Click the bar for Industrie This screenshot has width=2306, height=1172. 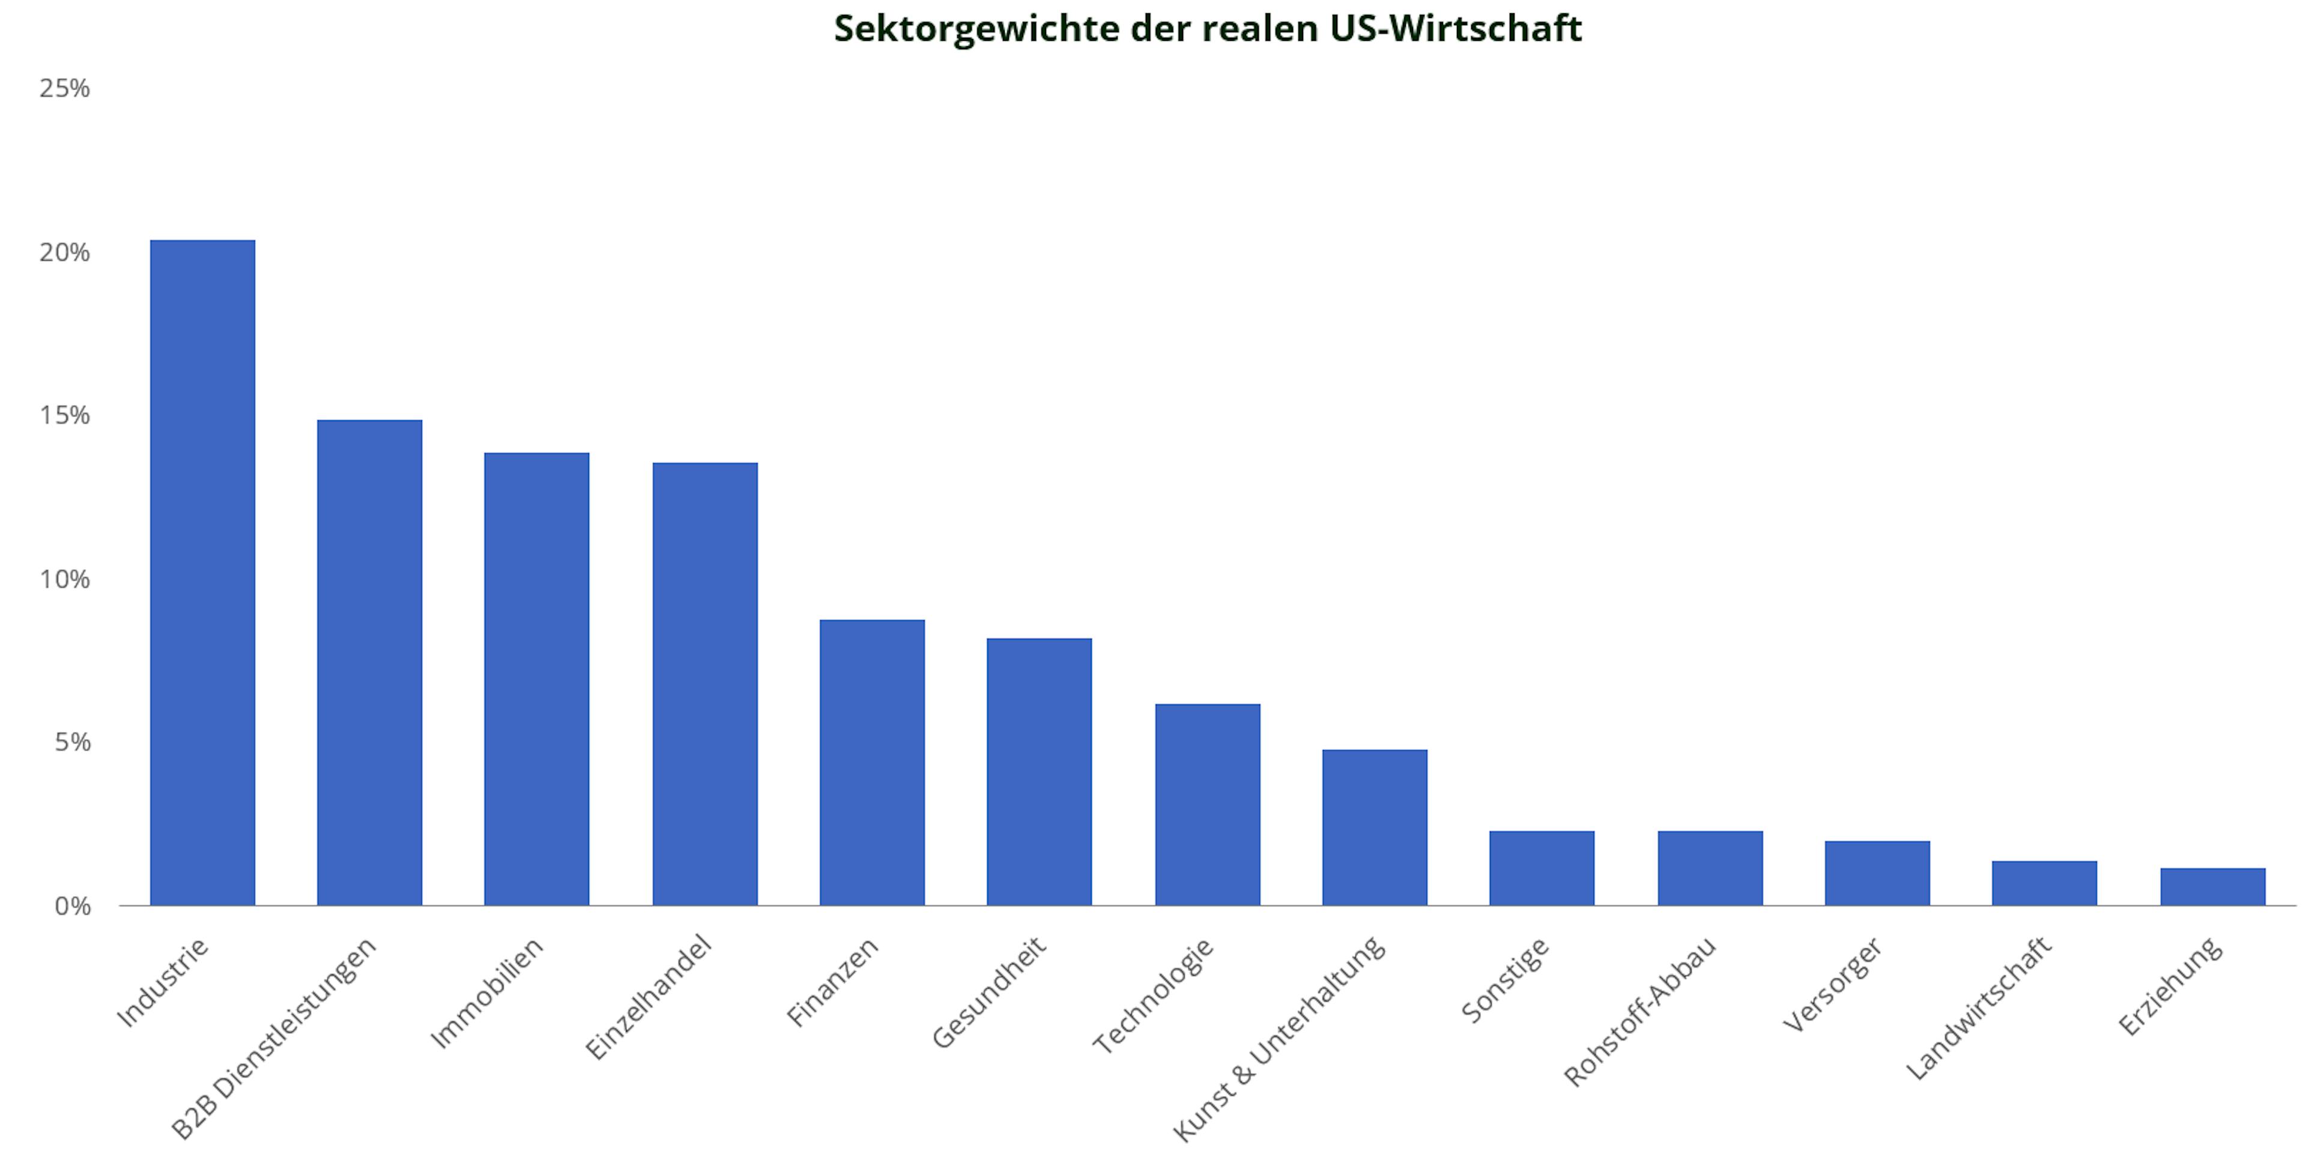202,573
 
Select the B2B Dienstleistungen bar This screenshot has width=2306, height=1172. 370,662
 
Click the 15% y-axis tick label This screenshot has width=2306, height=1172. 64,415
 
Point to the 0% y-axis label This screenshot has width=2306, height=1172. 71,906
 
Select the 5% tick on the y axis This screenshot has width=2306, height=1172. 71,742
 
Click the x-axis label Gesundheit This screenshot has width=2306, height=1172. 989,992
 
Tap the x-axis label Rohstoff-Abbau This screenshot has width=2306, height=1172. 1640,1011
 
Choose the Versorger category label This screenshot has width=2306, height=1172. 1832,984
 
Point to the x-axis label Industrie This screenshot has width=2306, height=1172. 162,982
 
